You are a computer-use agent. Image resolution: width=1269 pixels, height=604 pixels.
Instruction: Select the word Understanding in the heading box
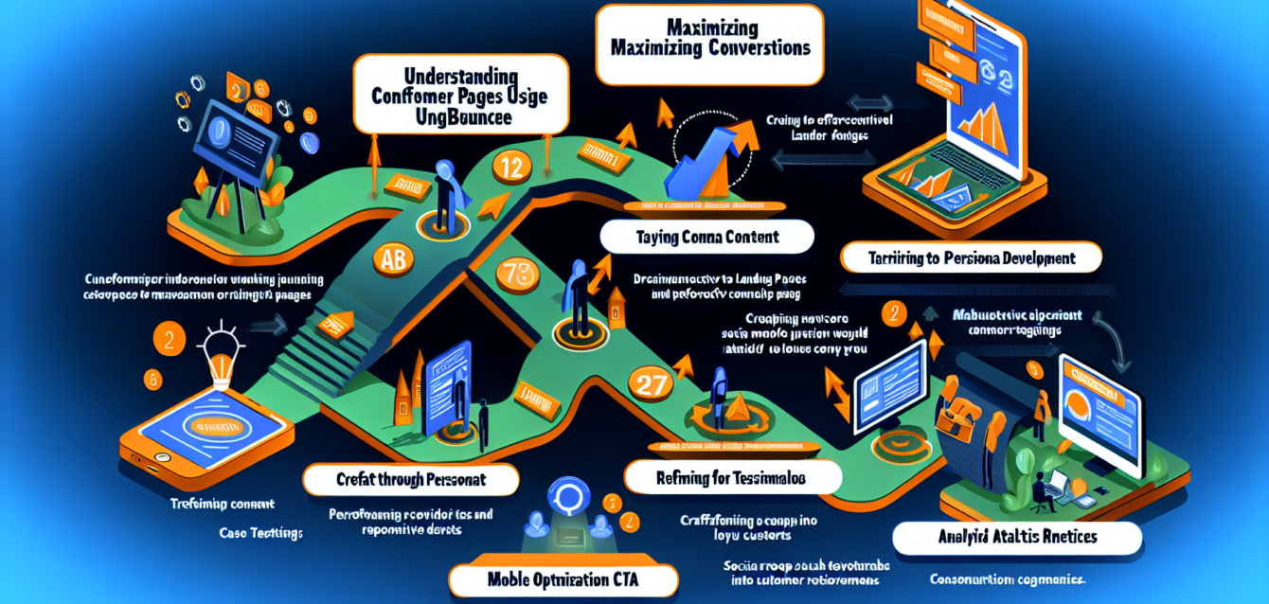tap(460, 75)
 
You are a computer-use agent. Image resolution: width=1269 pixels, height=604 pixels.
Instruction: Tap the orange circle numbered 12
tap(510, 169)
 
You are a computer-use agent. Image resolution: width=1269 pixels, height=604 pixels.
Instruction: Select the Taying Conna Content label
tap(706, 238)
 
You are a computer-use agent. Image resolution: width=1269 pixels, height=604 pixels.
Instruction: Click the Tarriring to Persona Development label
tap(972, 257)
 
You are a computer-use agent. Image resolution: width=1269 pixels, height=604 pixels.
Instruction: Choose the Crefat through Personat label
tap(410, 480)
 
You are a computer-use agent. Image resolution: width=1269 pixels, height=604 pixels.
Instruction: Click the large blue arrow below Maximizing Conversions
tap(705, 166)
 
